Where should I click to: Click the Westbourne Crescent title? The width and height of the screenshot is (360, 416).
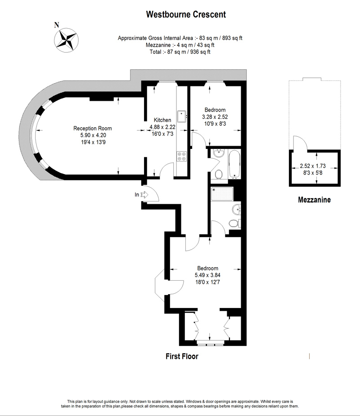(186, 14)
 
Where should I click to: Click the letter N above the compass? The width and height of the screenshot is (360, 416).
(57, 25)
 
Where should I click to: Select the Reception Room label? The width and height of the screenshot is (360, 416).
(92, 129)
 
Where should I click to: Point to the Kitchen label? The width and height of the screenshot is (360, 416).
(162, 120)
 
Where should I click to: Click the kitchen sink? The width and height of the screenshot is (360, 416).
(182, 116)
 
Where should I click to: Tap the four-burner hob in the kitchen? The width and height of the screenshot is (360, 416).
(182, 156)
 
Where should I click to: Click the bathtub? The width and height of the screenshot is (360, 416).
(234, 164)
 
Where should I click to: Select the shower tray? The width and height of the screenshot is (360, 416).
(222, 194)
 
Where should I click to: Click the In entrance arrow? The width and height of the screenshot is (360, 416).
(144, 195)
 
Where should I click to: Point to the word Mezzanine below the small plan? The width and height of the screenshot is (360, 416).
(315, 200)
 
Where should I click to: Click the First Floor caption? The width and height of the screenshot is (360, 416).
(182, 356)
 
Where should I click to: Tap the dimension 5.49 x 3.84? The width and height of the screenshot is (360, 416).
(207, 275)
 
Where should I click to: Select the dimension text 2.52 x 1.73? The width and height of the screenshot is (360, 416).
(313, 166)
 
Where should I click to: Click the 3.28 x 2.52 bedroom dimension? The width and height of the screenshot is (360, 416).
(215, 117)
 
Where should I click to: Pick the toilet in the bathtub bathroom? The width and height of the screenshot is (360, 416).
(219, 174)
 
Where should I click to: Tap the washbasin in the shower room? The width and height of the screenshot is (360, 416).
(236, 209)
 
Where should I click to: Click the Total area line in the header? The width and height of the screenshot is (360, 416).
(180, 52)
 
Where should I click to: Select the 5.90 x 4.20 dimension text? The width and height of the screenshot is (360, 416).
(93, 135)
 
